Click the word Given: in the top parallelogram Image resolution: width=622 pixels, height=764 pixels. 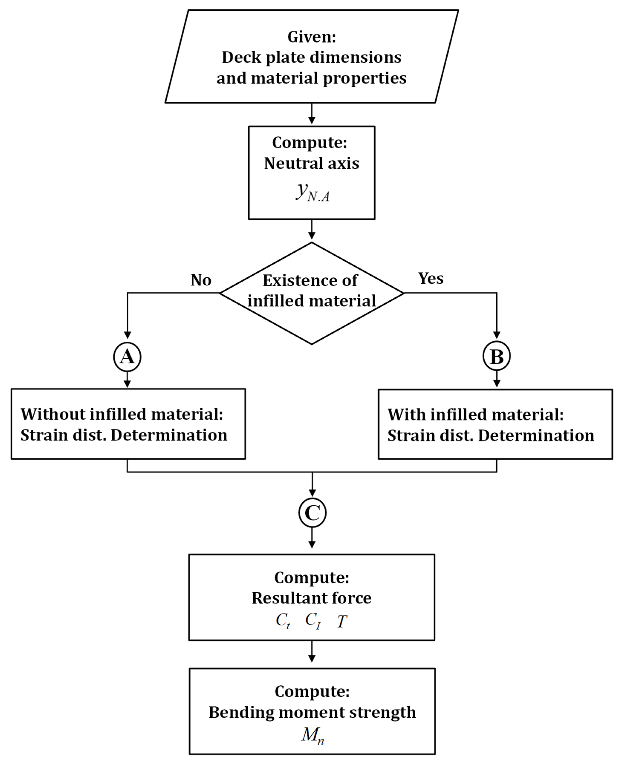[311, 36]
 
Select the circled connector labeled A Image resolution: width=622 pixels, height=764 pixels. [127, 357]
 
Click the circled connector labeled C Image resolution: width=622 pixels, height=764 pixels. [312, 513]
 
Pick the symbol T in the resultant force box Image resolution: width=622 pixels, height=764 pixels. [342, 621]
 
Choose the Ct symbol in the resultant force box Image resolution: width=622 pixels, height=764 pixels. [283, 620]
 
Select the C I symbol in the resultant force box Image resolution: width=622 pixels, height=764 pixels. [313, 620]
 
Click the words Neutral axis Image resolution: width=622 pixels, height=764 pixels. [311, 164]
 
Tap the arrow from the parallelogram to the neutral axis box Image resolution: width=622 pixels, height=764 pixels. [312, 114]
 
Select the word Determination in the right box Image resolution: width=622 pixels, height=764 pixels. [536, 435]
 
